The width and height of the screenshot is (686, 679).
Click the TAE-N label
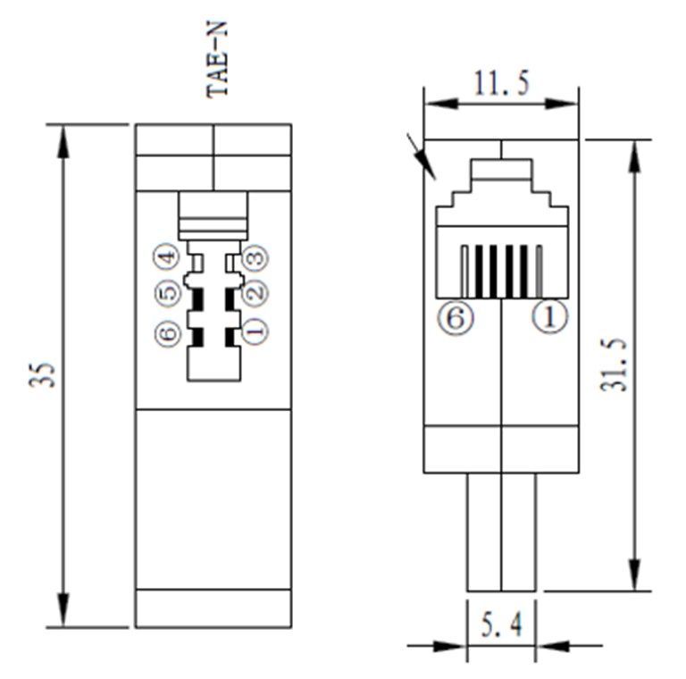point(217,59)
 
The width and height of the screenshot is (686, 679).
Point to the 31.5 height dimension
point(614,364)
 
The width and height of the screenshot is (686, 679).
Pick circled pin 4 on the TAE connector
point(166,256)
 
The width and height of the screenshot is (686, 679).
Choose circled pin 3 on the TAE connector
point(255,256)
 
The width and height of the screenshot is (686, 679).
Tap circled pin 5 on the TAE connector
point(168,292)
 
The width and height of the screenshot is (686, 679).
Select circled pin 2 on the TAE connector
point(255,291)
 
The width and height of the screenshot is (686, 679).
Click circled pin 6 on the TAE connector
point(168,333)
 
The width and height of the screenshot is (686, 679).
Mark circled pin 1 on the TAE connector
point(255,331)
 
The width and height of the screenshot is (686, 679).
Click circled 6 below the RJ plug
point(456,317)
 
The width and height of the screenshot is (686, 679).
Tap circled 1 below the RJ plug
point(549,316)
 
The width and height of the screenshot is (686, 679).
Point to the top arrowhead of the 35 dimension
point(64,141)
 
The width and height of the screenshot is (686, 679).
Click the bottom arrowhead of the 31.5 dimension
point(635,574)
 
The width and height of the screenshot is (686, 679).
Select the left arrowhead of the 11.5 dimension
point(441,104)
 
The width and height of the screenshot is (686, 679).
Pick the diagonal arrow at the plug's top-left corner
point(422,156)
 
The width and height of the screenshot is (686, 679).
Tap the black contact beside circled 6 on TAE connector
point(197,338)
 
